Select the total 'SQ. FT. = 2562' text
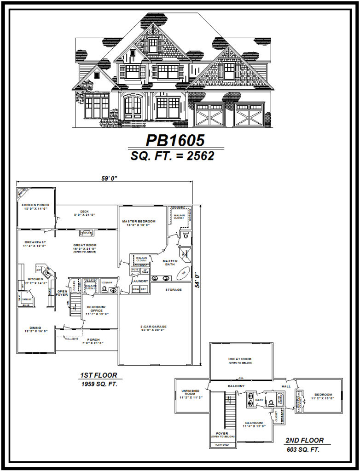pyautogui.click(x=172, y=156)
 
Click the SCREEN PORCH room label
pyautogui.click(x=36, y=205)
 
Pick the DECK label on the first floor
pyautogui.click(x=84, y=212)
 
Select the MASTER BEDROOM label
pyautogui.click(x=139, y=221)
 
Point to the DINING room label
pyautogui.click(x=35, y=328)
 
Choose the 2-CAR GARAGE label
pyautogui.click(x=153, y=327)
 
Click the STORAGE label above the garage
pyautogui.click(x=174, y=290)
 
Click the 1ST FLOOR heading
pyautogui.click(x=99, y=375)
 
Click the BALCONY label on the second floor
pyautogui.click(x=237, y=385)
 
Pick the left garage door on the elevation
pyautogui.click(x=209, y=115)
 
